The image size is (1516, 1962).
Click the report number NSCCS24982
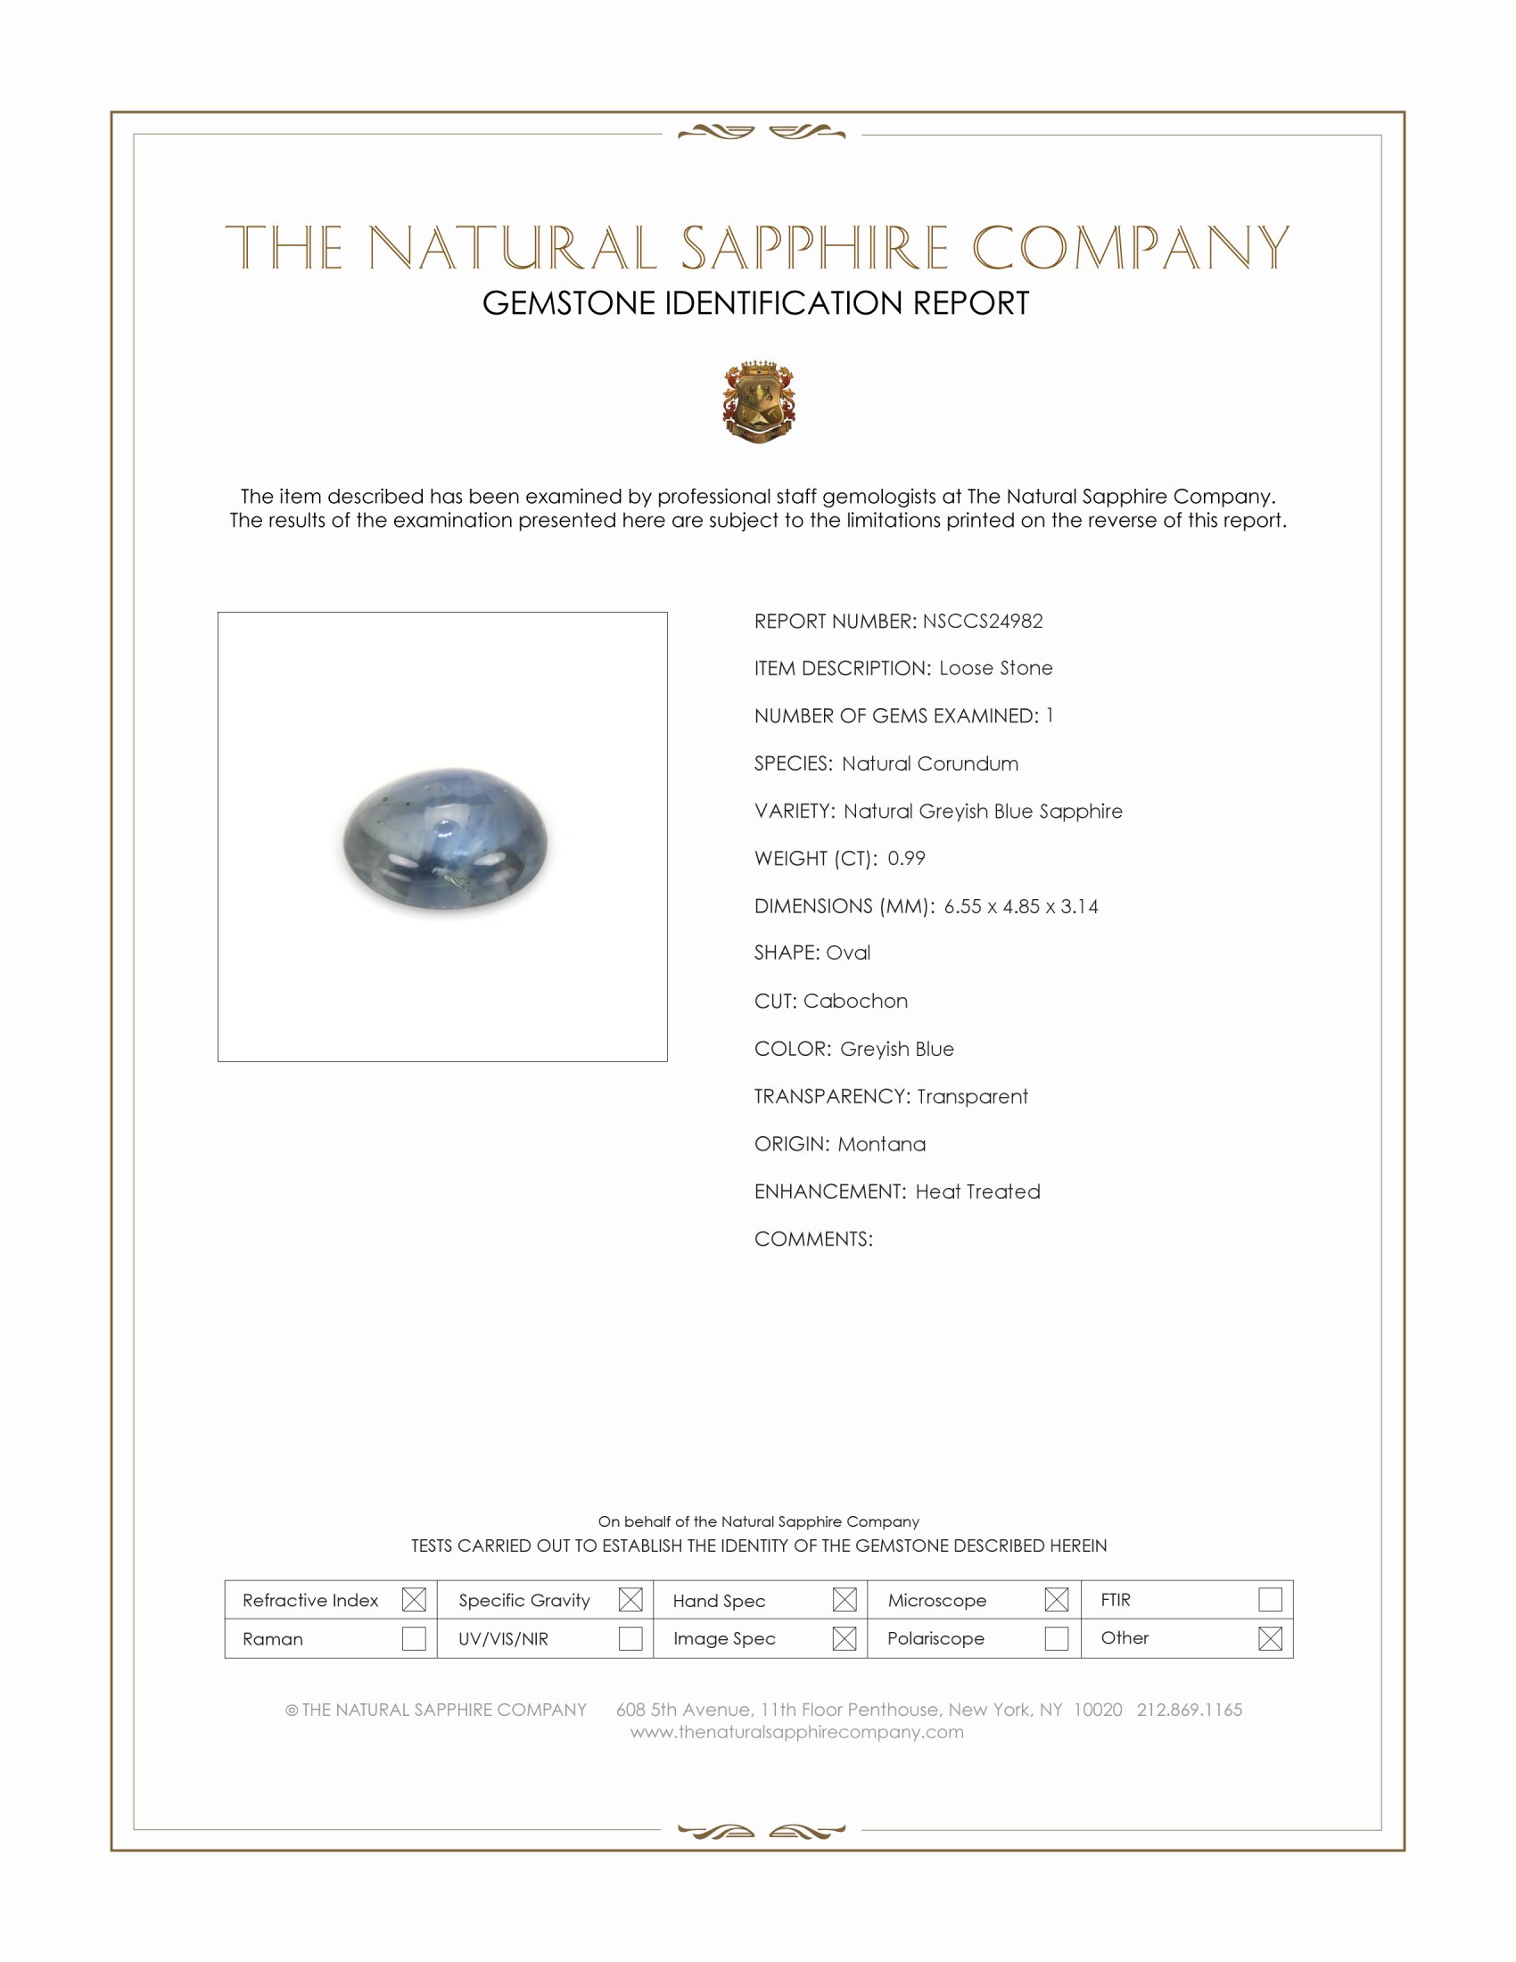click(x=983, y=621)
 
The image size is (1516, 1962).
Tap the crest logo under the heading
click(x=759, y=401)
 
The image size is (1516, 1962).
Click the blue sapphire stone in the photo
click(x=446, y=841)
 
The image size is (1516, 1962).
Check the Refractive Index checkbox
click(x=414, y=1600)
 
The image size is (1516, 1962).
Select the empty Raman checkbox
click(x=414, y=1638)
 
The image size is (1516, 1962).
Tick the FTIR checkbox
click(x=1270, y=1600)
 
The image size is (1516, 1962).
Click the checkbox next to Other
click(x=1270, y=1638)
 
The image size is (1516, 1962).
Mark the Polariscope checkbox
click(x=1056, y=1638)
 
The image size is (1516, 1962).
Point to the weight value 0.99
click(x=906, y=858)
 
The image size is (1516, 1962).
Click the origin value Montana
click(x=881, y=1143)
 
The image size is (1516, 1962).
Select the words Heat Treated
click(x=977, y=1191)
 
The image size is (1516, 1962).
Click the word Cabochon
click(x=855, y=1001)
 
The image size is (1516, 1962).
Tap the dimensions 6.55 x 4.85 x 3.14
click(x=1020, y=905)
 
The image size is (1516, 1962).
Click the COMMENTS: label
click(x=812, y=1239)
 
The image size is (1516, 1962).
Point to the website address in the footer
click(x=796, y=1732)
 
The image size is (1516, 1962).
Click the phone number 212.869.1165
click(x=1189, y=1710)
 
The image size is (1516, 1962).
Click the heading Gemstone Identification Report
click(x=755, y=302)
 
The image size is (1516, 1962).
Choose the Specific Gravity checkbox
click(x=630, y=1600)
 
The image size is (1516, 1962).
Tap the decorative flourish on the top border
click(x=762, y=133)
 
